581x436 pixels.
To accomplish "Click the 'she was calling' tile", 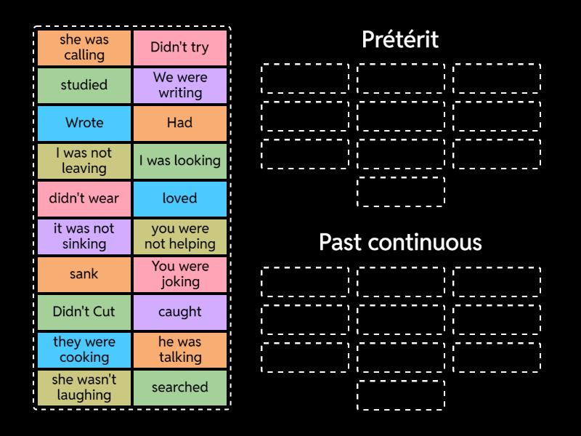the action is click(84, 48).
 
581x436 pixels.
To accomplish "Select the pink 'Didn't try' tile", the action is click(180, 48).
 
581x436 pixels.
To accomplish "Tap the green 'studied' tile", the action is click(84, 86).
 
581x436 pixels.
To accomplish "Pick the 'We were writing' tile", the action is click(180, 86).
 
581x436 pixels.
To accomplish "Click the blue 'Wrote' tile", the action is click(84, 124).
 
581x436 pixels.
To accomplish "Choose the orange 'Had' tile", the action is click(180, 124).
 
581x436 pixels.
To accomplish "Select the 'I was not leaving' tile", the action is click(84, 161).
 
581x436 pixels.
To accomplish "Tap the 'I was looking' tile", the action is click(180, 161).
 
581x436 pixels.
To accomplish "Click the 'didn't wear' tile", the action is click(84, 199).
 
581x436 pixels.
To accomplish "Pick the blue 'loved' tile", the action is click(180, 199).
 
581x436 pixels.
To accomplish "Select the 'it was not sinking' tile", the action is click(84, 237).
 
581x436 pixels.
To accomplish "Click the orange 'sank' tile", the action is click(84, 275).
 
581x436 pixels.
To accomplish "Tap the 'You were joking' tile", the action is click(180, 275).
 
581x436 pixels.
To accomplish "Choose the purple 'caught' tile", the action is click(180, 312).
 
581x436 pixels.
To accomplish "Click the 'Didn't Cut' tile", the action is click(84, 312).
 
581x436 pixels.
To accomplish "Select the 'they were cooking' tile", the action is click(84, 350).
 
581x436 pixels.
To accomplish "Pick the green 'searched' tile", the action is click(180, 388).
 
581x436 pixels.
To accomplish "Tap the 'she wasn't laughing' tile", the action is click(84, 388).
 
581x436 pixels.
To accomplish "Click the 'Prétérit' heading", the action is click(401, 39).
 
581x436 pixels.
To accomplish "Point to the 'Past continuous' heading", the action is click(401, 242).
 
